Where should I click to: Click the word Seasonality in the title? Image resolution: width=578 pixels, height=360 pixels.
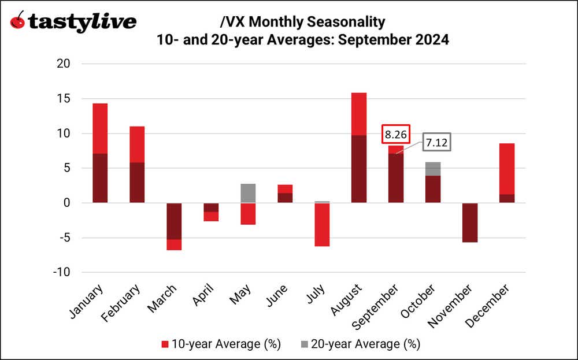tap(348, 22)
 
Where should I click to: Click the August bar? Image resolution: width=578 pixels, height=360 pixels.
tap(358, 147)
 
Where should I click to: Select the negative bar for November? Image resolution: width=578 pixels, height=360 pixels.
tap(470, 222)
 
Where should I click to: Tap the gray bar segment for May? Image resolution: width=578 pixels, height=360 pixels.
tap(247, 193)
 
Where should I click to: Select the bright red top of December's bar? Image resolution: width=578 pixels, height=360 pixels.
tap(507, 169)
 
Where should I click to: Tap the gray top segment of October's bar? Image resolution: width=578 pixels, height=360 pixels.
tap(433, 169)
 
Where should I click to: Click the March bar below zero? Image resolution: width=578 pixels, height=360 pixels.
tap(173, 226)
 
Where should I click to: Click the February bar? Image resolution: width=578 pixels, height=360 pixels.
tap(136, 164)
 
